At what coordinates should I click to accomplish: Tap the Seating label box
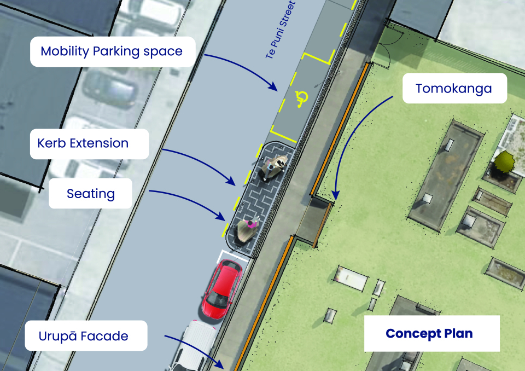90,193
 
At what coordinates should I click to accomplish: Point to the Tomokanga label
454,88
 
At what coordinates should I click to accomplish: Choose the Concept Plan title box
432,333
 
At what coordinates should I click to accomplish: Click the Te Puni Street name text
281,30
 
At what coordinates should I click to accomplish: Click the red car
221,289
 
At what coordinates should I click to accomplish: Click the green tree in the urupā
504,161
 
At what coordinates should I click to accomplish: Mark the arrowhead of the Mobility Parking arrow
273,87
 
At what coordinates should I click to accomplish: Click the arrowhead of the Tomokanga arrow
335,195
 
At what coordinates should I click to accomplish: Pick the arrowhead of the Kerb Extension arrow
231,181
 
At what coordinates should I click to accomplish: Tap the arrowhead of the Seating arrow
221,217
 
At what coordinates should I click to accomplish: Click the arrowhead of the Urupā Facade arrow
219,364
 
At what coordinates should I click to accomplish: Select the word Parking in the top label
116,51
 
